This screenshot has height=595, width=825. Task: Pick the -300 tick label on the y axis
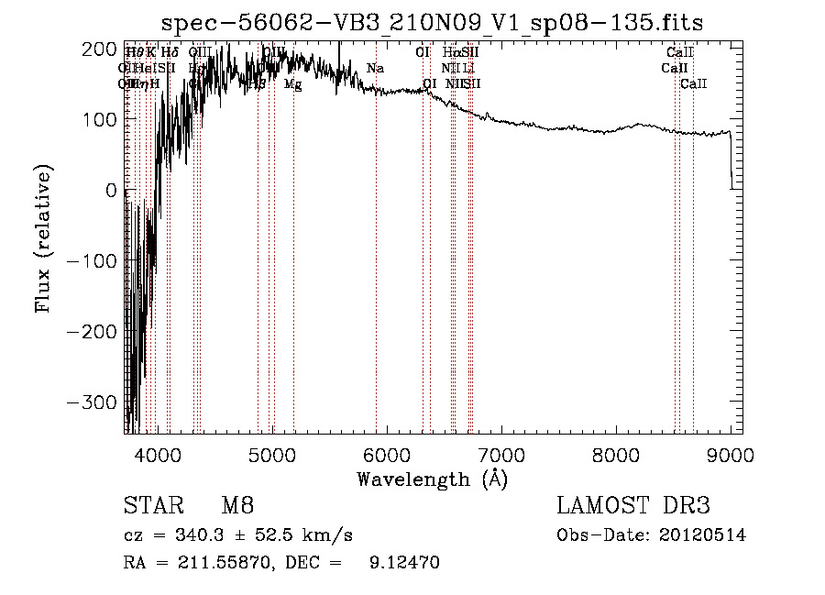point(93,402)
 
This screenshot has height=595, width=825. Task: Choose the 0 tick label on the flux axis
point(110,190)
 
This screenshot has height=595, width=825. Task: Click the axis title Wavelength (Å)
point(432,479)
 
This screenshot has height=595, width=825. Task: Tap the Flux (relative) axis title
point(43,237)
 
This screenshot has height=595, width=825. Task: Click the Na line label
point(375,69)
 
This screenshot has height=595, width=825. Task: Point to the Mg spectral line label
point(292,84)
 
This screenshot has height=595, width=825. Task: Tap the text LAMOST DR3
point(633,507)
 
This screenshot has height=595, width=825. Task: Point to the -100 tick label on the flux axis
point(93,261)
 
